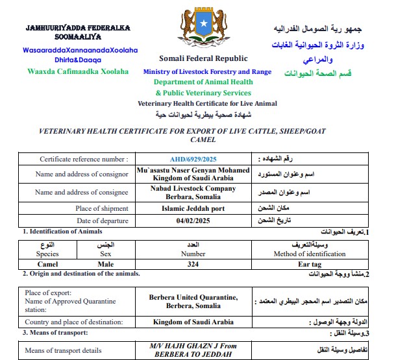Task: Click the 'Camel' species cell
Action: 47,264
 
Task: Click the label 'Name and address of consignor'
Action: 82,174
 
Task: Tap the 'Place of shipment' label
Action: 101,208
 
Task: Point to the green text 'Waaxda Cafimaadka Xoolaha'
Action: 77,71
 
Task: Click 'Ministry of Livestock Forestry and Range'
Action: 206,71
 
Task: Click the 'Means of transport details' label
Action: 63,351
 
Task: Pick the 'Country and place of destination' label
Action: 76,322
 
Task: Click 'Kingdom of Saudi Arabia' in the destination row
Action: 193,322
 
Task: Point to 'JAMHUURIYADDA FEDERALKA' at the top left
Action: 78,29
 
